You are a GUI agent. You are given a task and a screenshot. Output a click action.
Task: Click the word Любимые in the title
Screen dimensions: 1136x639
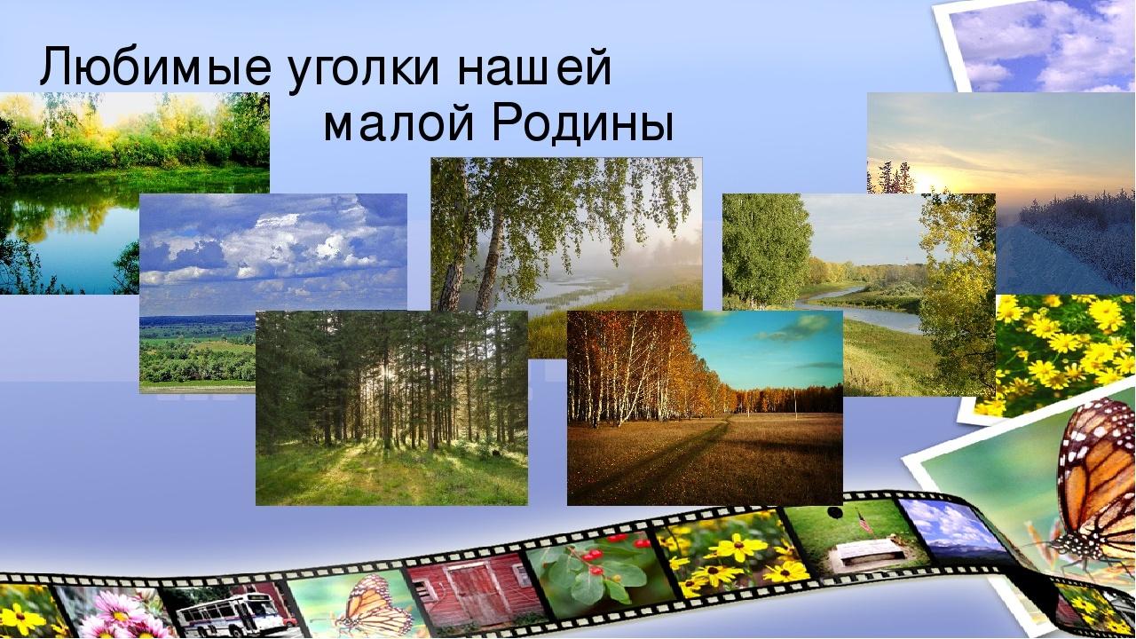(x=155, y=67)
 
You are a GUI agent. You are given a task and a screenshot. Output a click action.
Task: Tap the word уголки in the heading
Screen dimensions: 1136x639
(x=363, y=70)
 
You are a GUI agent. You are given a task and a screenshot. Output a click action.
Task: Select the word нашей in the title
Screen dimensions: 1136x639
(x=534, y=67)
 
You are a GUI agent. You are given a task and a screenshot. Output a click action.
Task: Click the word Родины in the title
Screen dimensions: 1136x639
(x=583, y=122)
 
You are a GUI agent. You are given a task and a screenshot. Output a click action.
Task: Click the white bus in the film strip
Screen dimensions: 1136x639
(x=228, y=612)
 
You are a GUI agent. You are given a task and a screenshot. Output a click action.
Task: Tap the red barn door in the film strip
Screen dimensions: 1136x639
(x=469, y=591)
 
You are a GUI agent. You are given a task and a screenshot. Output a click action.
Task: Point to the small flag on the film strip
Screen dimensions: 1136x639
(x=864, y=522)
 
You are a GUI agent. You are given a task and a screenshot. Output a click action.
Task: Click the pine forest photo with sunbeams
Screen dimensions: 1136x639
(x=391, y=407)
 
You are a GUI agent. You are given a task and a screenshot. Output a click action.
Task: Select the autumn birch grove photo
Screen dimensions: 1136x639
(x=705, y=407)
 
